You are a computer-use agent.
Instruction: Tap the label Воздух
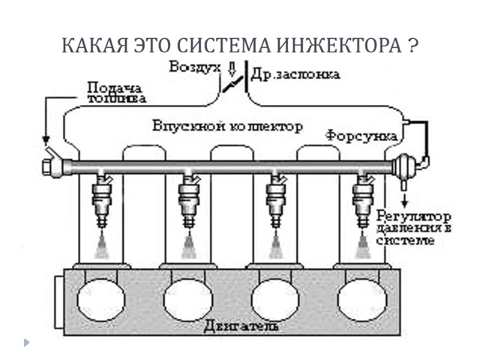coord(191,67)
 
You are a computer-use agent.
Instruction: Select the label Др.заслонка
coord(296,74)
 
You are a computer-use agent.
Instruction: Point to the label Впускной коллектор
coord(227,127)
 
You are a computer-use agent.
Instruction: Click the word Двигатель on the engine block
coord(241,327)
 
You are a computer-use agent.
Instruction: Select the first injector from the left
coord(101,200)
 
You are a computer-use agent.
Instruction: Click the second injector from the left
coord(188,200)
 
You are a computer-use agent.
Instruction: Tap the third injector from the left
coord(275,200)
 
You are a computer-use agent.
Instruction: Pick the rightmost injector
coord(363,200)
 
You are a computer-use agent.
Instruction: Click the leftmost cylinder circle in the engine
coord(101,298)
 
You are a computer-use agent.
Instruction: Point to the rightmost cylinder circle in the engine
coord(362,298)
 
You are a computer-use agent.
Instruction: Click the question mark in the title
coord(413,46)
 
